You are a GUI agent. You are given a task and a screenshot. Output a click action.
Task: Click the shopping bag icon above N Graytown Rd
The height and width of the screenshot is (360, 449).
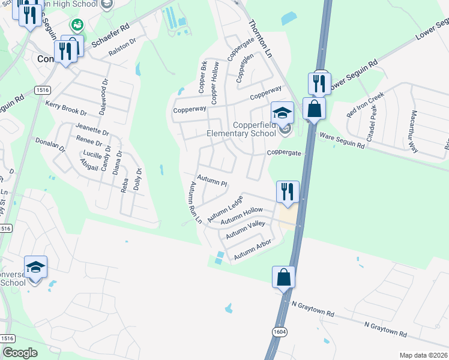[283, 277]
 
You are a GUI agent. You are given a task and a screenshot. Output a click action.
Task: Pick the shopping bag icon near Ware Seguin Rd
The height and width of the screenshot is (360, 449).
[314, 109]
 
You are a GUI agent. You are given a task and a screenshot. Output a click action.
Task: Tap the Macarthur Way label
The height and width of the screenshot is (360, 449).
[414, 132]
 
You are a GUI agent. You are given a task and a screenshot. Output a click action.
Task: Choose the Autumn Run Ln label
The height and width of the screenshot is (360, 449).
[196, 202]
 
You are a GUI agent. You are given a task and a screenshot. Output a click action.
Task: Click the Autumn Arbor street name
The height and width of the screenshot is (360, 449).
[253, 250]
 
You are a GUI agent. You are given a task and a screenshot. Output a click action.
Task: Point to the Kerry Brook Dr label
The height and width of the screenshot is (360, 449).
[66, 108]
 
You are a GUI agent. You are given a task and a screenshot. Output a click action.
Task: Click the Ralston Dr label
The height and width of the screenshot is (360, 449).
[122, 49]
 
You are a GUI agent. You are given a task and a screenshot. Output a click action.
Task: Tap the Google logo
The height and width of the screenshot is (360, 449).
[20, 353]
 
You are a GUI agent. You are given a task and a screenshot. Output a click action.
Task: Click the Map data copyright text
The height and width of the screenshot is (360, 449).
[423, 355]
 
